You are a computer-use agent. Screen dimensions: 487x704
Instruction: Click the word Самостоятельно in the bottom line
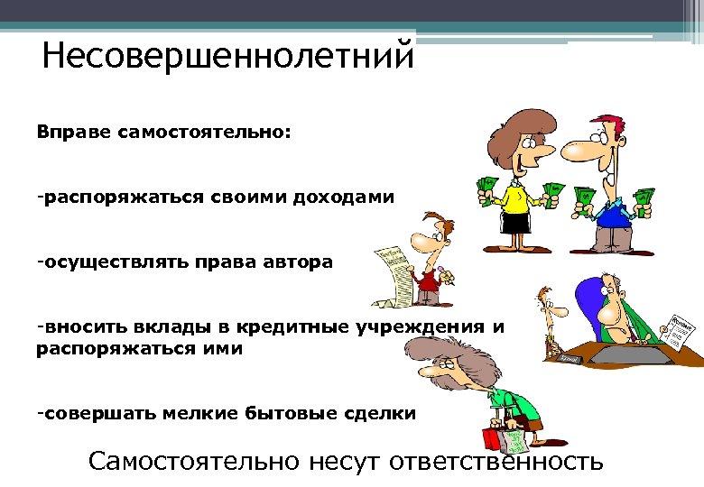click(x=193, y=462)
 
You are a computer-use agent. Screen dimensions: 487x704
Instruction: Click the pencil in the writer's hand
click(x=443, y=272)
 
